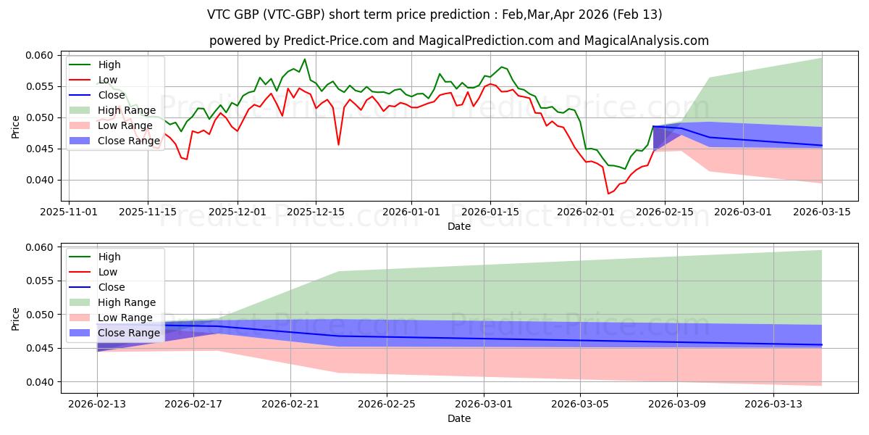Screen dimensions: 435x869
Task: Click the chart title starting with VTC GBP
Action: click(x=434, y=14)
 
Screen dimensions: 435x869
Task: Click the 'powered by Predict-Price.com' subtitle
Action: click(x=459, y=41)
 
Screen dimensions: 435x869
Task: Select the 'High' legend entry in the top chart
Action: click(x=109, y=65)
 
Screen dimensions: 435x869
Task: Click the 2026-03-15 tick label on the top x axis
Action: click(x=822, y=212)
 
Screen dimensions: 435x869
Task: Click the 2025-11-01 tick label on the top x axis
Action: click(x=70, y=212)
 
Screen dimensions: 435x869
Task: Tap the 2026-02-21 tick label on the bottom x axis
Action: click(x=290, y=405)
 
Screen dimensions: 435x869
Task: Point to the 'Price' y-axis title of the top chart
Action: click(x=16, y=126)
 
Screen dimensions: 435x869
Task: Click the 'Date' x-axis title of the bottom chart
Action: click(x=459, y=419)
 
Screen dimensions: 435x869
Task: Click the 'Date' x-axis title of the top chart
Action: click(x=459, y=226)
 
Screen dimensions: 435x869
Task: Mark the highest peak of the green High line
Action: click(x=305, y=59)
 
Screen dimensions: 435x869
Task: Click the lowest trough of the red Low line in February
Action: click(x=608, y=194)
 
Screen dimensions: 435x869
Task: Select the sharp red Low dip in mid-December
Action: click(x=338, y=144)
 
